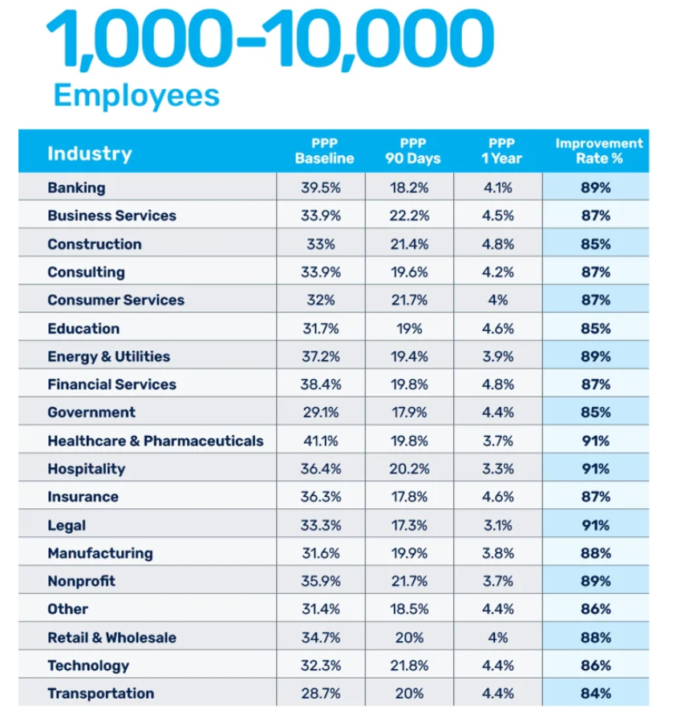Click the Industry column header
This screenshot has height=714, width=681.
tap(89, 153)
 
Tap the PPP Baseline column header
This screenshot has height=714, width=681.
tap(324, 151)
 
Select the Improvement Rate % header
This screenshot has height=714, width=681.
tap(598, 151)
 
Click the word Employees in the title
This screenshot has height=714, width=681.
tap(136, 95)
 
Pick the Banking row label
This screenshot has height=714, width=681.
tap(76, 188)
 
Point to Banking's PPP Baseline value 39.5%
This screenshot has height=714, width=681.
tap(321, 188)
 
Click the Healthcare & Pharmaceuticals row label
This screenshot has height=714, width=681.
tap(155, 441)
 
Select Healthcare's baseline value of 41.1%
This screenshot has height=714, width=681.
tap(321, 441)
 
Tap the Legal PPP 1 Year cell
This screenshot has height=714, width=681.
tap(497, 525)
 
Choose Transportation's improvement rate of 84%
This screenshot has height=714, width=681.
tap(596, 693)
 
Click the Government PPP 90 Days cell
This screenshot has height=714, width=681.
tap(409, 412)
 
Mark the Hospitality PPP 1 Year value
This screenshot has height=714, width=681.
tap(497, 469)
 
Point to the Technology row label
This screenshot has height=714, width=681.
tap(87, 665)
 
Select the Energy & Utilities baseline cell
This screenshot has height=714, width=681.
tap(321, 356)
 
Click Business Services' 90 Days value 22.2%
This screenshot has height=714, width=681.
tap(409, 216)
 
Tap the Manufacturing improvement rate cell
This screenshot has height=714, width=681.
tap(596, 553)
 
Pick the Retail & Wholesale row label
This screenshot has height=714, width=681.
tap(111, 637)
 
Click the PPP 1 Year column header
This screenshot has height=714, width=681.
tap(501, 151)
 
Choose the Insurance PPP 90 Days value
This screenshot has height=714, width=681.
tap(409, 497)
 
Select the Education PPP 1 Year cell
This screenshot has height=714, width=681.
tap(497, 328)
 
